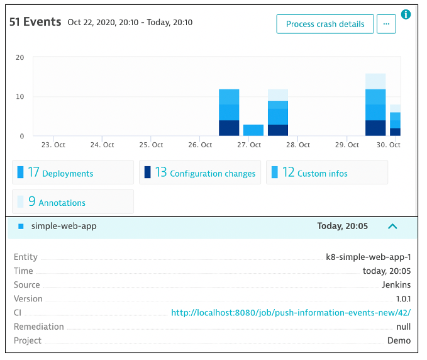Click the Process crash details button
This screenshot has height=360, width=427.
(x=325, y=24)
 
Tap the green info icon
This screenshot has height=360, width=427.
(x=406, y=14)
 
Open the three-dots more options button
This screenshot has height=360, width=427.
(x=386, y=24)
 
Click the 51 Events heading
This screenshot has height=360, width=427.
(x=35, y=22)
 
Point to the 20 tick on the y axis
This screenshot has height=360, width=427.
(x=19, y=57)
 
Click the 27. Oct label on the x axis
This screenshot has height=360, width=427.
(x=250, y=145)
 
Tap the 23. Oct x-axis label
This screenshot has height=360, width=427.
(x=54, y=145)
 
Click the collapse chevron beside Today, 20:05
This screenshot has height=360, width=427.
(x=392, y=226)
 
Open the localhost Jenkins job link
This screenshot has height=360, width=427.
(x=291, y=313)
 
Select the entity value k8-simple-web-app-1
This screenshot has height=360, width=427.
(x=368, y=257)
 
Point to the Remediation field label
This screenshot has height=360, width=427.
(x=39, y=327)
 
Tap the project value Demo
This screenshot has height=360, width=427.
(x=399, y=340)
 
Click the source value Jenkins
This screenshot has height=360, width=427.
(x=396, y=284)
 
